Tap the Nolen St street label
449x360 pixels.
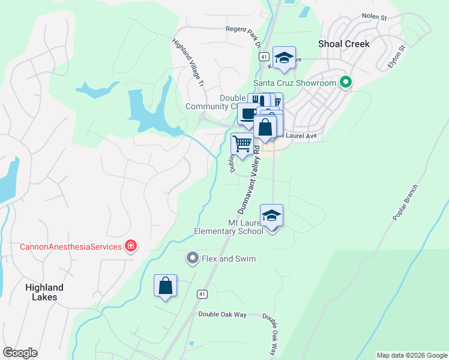coord(374,17)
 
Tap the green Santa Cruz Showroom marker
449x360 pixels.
coord(346,83)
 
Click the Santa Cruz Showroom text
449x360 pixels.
coord(294,83)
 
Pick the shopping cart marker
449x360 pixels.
coord(242,144)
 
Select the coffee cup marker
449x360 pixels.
coord(248,113)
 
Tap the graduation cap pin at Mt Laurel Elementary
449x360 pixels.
coord(271,215)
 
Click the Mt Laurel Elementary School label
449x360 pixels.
coord(229,227)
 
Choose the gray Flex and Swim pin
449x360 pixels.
coord(192,259)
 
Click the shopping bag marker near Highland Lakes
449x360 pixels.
coord(165,286)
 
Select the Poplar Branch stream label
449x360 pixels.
coord(405,202)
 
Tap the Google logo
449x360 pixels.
coord(20,353)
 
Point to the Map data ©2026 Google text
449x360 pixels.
coord(411,355)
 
